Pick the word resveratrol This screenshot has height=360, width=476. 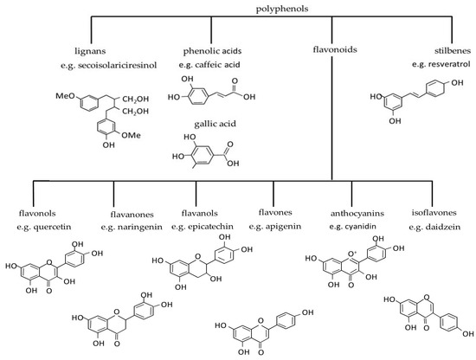441,65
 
